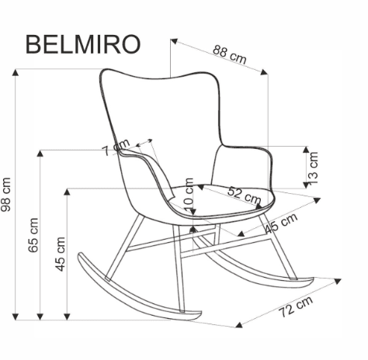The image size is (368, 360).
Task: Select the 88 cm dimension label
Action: coord(230,54)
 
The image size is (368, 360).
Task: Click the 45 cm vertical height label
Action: coord(61,265)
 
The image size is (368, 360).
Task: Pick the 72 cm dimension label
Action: coord(296,307)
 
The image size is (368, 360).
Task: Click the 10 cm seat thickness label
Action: coord(187,192)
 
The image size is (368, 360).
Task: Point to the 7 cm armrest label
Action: coord(116,147)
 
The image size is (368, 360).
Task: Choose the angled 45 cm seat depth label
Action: coord(281,223)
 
